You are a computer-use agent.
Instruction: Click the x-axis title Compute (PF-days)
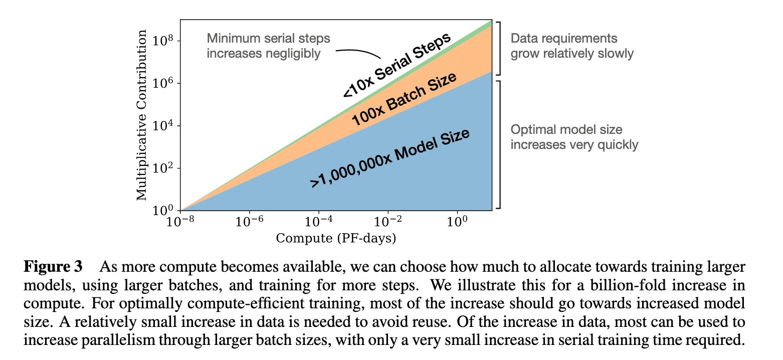[336, 238]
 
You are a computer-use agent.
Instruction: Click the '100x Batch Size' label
[404, 99]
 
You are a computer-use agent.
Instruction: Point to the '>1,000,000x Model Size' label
[390, 158]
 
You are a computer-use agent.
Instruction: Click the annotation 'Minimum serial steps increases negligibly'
[269, 46]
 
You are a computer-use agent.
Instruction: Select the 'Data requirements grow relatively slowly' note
[572, 46]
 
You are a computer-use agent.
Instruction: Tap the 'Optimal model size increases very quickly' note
[574, 137]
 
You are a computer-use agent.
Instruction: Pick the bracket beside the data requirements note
[498, 48]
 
